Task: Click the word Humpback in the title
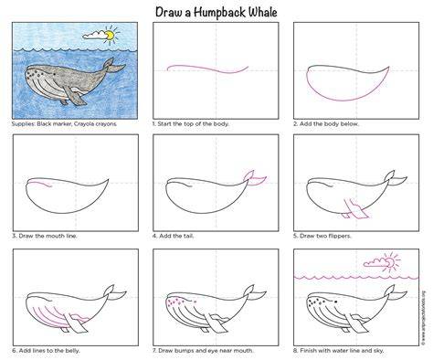point(219,13)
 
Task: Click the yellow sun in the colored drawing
point(110,36)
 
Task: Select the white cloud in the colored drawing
point(95,36)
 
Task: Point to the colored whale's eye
point(55,74)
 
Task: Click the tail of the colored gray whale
point(112,66)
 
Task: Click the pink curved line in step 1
point(207,69)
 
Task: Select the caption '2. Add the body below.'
point(326,124)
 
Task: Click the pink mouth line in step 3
point(40,184)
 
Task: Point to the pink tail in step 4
point(255,178)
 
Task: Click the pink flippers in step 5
point(355,209)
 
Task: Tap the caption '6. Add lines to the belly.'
point(46,351)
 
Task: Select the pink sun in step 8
point(391,261)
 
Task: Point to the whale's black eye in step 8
point(335,302)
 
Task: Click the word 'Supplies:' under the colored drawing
point(23,124)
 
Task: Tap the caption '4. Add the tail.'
point(173,236)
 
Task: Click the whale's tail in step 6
point(114,292)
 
